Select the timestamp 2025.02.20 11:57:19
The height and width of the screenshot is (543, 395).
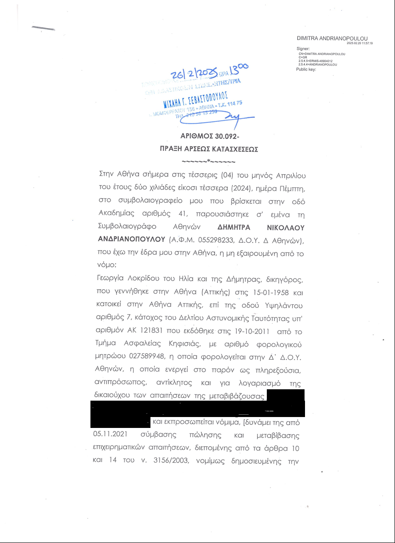(359, 43)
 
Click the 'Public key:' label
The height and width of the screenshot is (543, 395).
(305, 70)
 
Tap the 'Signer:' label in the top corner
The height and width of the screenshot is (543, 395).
(303, 48)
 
